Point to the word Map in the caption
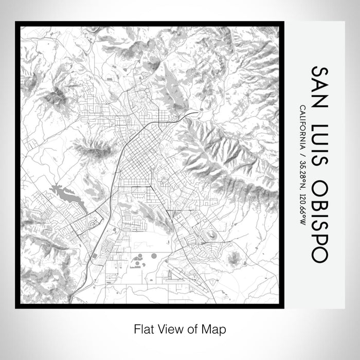pos(216,329)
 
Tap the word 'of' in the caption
pos(193,329)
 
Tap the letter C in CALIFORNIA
pos(302,107)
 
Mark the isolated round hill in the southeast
pos(234,257)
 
